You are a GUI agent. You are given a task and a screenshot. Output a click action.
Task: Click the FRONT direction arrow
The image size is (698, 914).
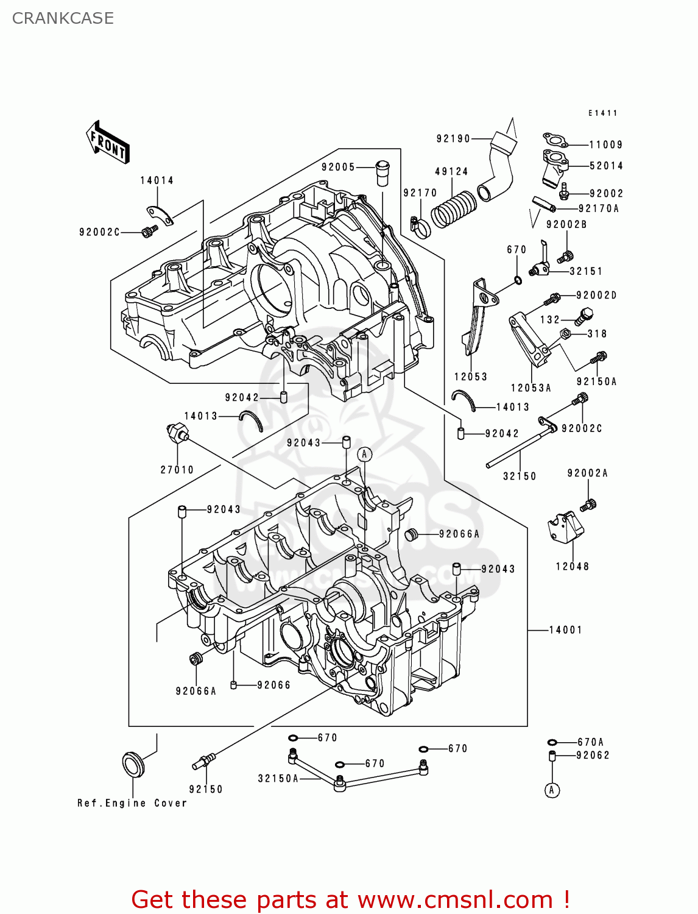click(x=108, y=143)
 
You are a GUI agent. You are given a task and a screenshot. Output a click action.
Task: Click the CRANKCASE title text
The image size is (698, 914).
click(x=63, y=18)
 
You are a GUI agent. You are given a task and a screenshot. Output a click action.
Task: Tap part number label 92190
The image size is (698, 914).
click(x=453, y=139)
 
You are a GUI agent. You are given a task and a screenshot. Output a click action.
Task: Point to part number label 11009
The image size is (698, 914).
click(x=605, y=145)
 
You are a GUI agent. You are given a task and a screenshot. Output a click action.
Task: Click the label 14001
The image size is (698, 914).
click(x=565, y=630)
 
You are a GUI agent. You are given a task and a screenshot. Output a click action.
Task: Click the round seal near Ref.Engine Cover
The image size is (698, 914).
click(x=133, y=764)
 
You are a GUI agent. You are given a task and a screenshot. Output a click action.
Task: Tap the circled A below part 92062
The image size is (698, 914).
click(x=552, y=790)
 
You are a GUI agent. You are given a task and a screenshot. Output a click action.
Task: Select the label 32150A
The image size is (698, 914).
click(x=278, y=778)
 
